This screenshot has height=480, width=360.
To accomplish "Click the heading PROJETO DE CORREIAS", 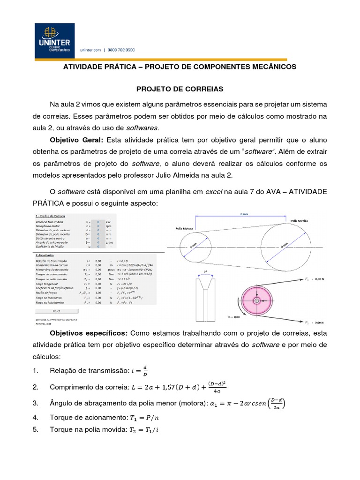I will [x=180, y=88].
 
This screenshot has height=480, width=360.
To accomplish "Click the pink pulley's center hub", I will [x=257, y=300].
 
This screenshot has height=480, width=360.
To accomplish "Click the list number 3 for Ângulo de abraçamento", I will [x=35, y=404].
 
